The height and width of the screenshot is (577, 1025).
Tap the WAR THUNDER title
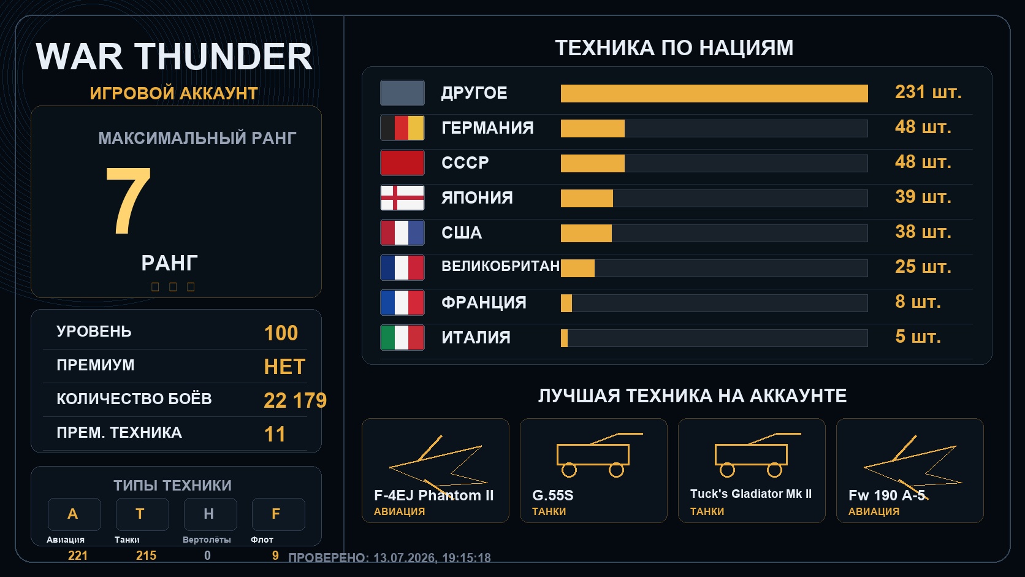tap(174, 57)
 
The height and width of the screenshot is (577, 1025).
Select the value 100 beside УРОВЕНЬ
tap(281, 333)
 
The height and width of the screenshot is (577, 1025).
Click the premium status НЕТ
tap(284, 367)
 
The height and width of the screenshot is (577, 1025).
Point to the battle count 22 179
tap(295, 400)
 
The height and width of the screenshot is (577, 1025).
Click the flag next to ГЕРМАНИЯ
tap(402, 128)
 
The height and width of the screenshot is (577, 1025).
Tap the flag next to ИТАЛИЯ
tap(402, 337)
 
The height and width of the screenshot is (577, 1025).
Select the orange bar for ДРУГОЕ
tap(714, 93)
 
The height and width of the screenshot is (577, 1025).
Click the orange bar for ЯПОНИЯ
tap(587, 198)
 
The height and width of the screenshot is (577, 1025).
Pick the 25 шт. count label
tap(923, 267)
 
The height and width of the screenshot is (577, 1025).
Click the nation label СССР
tap(465, 163)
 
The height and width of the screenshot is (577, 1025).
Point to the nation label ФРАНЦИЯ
tap(484, 302)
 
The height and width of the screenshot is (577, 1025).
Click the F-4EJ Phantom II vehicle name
tap(434, 495)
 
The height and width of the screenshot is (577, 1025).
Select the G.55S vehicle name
tap(553, 495)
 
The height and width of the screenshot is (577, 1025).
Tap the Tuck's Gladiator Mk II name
tap(751, 494)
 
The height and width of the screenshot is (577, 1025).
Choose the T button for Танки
tap(142, 514)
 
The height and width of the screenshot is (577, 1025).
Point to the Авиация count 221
tap(78, 556)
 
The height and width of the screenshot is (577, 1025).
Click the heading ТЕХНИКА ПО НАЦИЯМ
tap(674, 48)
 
